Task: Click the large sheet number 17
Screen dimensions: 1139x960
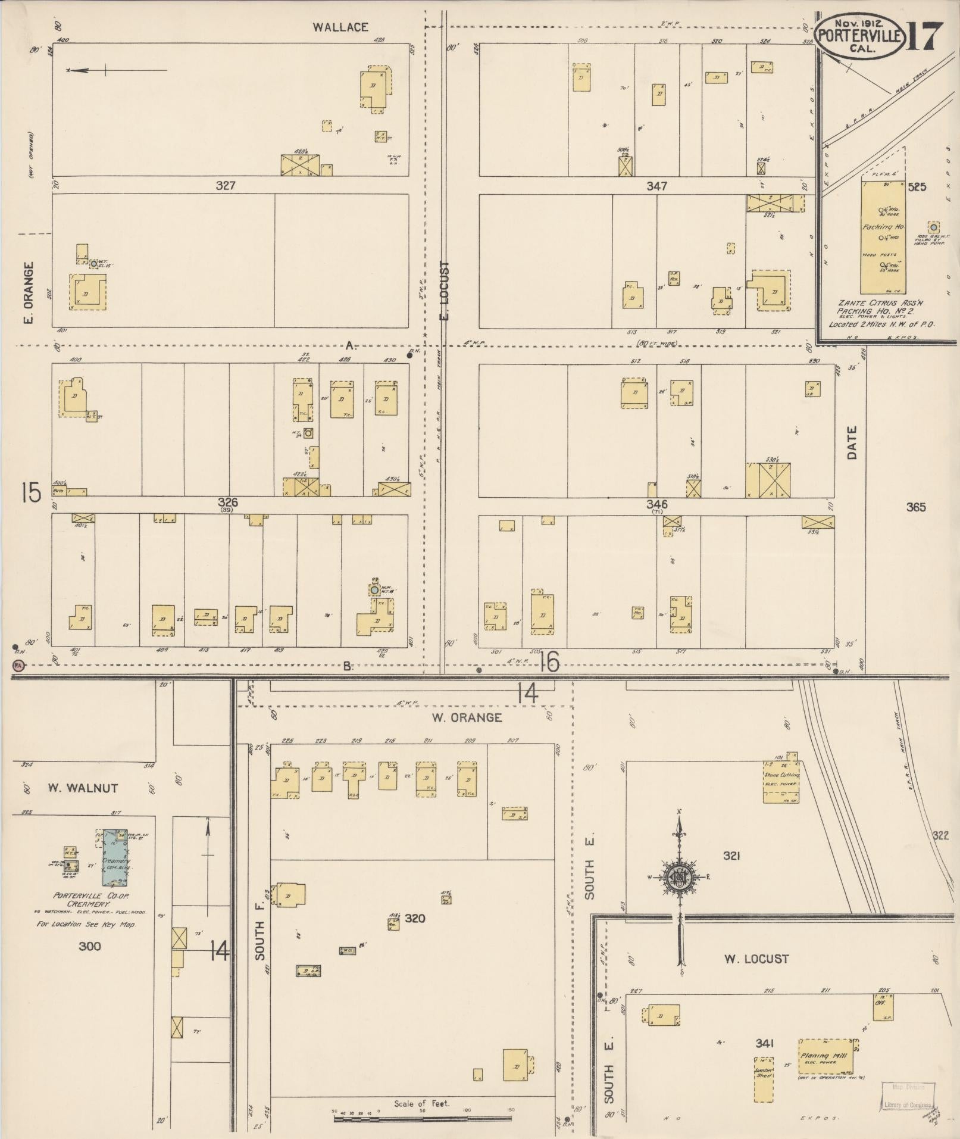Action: click(924, 38)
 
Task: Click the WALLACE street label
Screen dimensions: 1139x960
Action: click(341, 27)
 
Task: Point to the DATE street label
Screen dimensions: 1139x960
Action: click(852, 442)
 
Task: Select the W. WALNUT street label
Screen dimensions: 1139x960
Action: click(83, 788)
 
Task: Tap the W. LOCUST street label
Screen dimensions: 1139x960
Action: click(756, 959)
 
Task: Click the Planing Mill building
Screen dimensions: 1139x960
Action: click(826, 1056)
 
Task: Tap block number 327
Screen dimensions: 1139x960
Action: click(226, 186)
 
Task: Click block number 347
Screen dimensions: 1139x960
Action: click(656, 186)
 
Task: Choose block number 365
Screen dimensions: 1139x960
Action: click(916, 507)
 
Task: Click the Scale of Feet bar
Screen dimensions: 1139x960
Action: click(422, 1119)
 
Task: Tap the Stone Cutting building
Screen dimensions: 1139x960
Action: click(781, 781)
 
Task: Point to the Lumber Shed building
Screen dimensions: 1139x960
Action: click(764, 1078)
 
